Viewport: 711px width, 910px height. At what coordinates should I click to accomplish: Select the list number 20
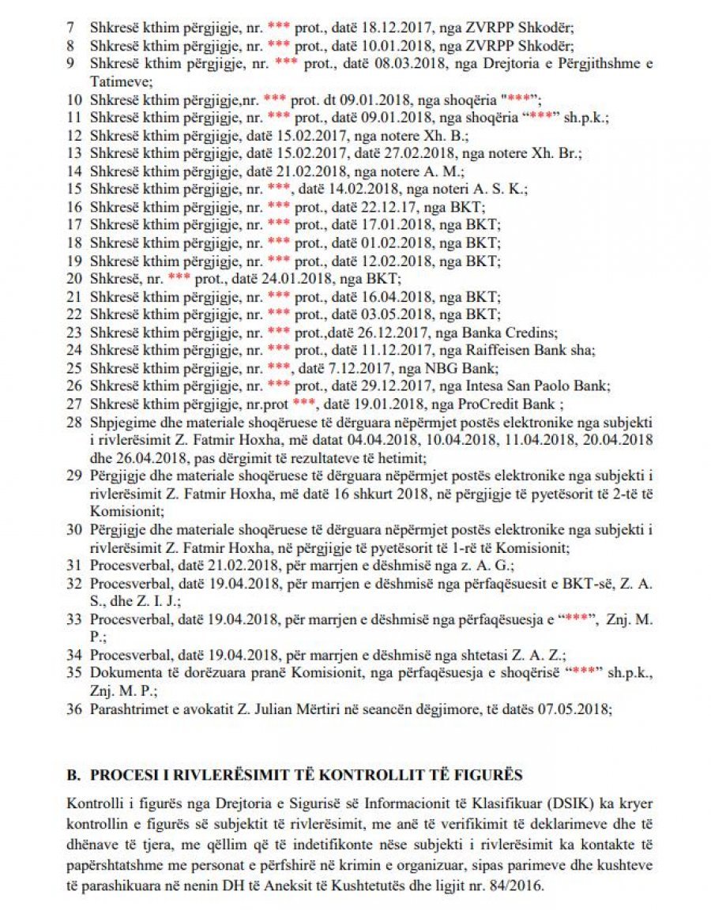[74, 280]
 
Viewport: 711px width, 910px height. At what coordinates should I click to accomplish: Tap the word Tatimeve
[117, 82]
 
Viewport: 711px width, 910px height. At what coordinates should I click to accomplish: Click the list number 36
[74, 709]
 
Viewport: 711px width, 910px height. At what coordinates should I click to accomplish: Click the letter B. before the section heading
[73, 777]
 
